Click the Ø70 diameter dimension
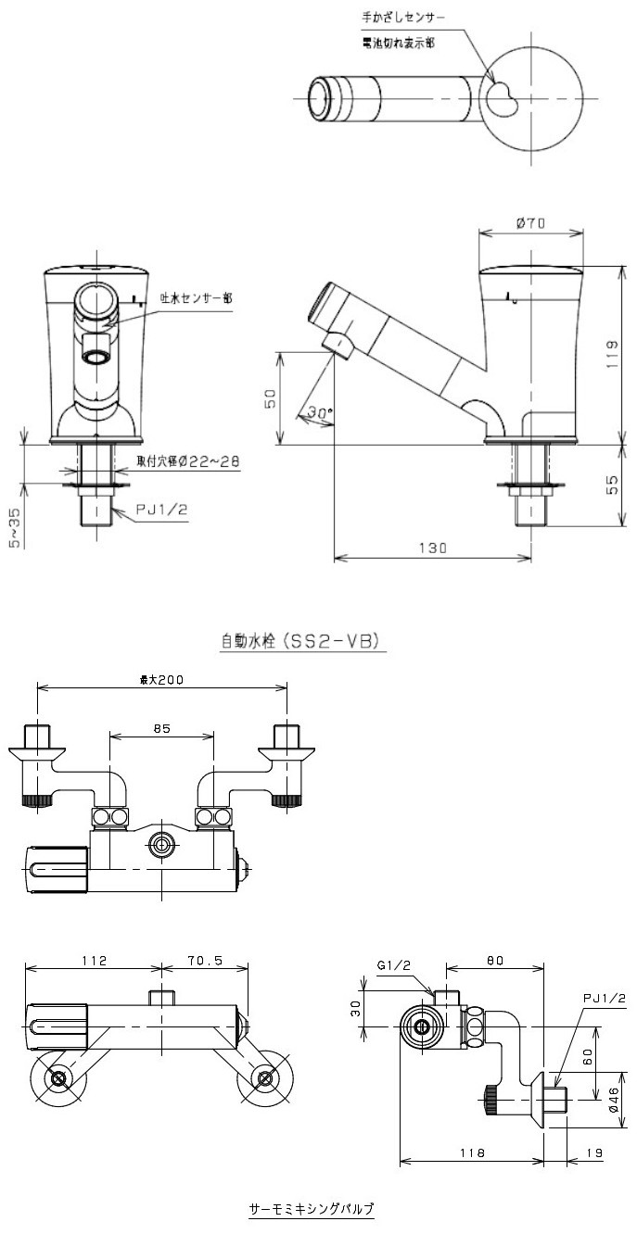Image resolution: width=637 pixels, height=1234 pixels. tap(532, 222)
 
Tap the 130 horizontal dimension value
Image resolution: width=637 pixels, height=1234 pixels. tap(432, 548)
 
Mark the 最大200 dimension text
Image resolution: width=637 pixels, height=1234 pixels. tap(161, 679)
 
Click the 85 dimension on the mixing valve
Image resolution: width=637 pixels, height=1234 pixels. tap(161, 729)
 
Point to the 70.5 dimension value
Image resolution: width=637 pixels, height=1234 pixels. tap(205, 961)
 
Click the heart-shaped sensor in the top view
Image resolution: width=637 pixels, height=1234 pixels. tap(504, 97)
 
